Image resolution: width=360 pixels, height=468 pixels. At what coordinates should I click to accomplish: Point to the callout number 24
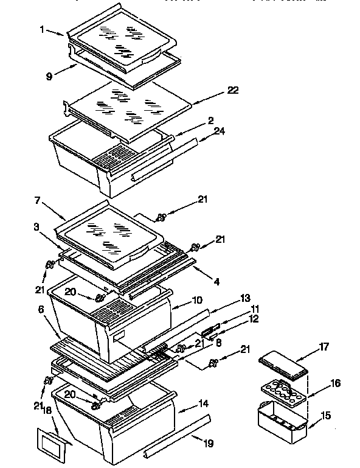tap(218, 130)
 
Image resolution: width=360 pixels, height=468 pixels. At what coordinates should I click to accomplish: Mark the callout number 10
tap(197, 301)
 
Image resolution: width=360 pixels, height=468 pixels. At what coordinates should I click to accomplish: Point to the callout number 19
tap(209, 444)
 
